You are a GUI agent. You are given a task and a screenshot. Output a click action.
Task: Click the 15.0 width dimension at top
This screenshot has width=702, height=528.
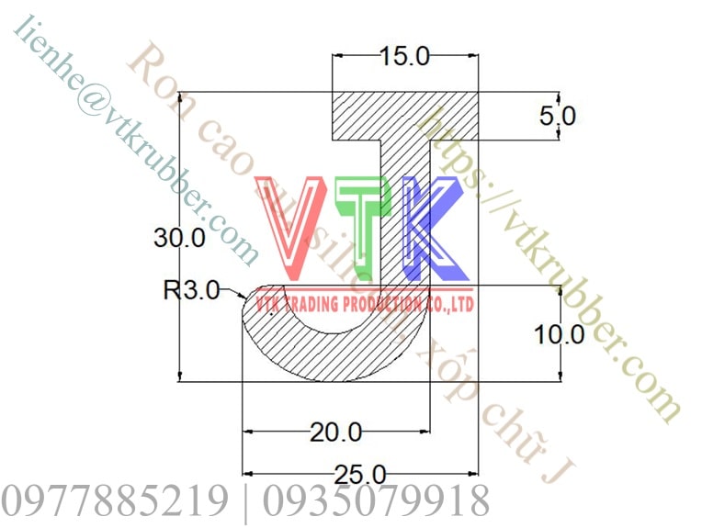(404, 57)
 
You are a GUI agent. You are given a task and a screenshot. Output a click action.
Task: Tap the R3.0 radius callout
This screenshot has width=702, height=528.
(191, 291)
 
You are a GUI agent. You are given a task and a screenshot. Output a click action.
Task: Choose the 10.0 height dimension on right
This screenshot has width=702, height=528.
(560, 334)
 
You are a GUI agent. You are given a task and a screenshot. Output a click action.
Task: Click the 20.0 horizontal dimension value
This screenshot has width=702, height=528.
(335, 431)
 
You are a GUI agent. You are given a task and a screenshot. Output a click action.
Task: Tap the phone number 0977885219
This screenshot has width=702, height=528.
(114, 501)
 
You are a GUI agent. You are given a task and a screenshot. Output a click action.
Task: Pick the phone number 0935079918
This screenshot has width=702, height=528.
(376, 501)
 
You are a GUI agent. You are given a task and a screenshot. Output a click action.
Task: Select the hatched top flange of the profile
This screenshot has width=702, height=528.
(404, 115)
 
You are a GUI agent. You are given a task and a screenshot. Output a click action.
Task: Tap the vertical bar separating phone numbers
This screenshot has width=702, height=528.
(244, 501)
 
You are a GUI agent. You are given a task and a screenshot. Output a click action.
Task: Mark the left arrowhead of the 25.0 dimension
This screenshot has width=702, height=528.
(246, 474)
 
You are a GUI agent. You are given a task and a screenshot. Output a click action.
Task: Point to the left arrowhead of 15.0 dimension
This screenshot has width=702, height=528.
(337, 57)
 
